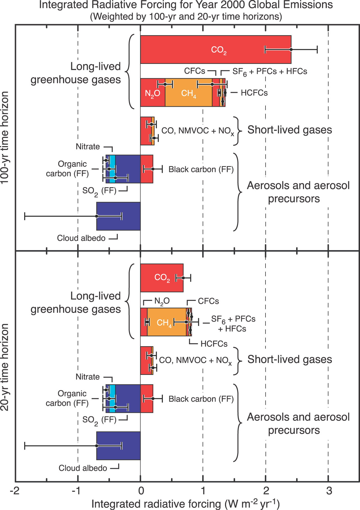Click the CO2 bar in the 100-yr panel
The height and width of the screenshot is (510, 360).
coord(216,50)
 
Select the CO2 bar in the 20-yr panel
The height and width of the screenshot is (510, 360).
coord(162,278)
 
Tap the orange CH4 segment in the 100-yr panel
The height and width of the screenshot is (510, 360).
coord(188,93)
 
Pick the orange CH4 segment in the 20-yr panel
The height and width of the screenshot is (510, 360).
coord(166,322)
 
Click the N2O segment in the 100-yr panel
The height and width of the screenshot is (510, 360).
coord(153,93)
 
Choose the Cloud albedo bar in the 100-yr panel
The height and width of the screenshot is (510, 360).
coord(118,216)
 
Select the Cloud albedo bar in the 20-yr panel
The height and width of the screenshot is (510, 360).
coord(118,446)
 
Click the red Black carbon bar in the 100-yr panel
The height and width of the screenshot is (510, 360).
coord(147,169)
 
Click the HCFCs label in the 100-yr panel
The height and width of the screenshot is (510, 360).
coord(254,93)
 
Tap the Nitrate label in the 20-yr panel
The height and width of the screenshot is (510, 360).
coord(88,377)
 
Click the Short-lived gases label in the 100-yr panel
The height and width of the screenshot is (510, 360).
coord(290,130)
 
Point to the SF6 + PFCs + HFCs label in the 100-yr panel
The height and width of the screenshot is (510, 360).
coord(270,72)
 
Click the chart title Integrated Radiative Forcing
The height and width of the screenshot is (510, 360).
coord(186,5)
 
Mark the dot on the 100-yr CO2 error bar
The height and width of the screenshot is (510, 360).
coord(291,50)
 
